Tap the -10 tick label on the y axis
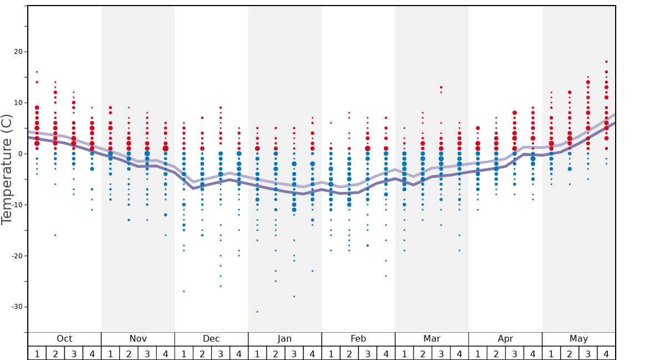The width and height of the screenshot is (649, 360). (17, 205)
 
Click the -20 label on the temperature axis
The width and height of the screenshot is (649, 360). (17, 256)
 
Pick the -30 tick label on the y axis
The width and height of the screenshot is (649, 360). (17, 307)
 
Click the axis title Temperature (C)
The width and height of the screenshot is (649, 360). (7, 169)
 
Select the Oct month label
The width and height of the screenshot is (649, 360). (64, 339)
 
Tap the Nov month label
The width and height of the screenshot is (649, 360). (138, 339)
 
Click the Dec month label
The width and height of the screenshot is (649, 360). (211, 339)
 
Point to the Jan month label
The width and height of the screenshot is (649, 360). (284, 339)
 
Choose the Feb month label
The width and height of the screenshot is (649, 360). (358, 339)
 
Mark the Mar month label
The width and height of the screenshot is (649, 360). (432, 339)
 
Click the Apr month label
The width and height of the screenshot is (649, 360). (505, 339)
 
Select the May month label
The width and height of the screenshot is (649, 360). (578, 339)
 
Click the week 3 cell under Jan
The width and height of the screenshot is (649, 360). (294, 353)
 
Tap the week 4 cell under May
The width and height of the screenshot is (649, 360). (606, 353)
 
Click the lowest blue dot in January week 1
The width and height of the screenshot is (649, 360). (257, 312)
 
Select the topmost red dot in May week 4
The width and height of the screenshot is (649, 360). (606, 62)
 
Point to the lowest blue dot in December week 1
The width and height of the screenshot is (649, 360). (184, 291)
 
